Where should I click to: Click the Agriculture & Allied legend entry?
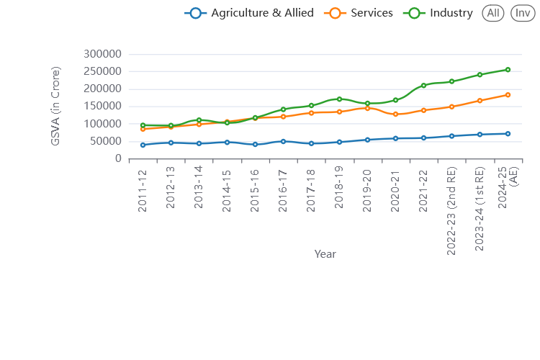249,13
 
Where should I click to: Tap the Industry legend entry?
439,13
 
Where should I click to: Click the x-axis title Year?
325,253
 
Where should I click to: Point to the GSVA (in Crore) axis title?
55,107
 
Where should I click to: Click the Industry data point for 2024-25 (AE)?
508,70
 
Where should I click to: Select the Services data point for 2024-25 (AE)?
508,95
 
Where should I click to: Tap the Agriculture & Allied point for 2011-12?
143,145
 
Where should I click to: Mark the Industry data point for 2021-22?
423,86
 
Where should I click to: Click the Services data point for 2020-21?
395,114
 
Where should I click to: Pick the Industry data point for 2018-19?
339,99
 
